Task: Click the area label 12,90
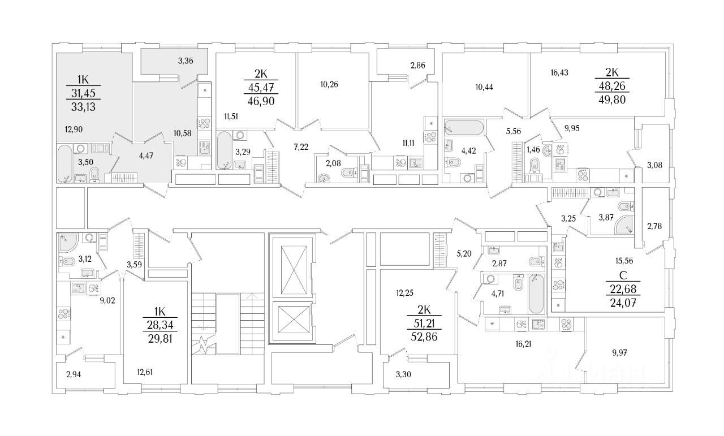[x=74, y=129]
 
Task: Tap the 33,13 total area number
[x=83, y=106]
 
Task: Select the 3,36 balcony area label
[x=186, y=61]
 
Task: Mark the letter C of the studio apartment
[x=621, y=277]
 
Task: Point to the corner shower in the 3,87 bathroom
[x=622, y=225]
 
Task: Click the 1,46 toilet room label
[x=533, y=150]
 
